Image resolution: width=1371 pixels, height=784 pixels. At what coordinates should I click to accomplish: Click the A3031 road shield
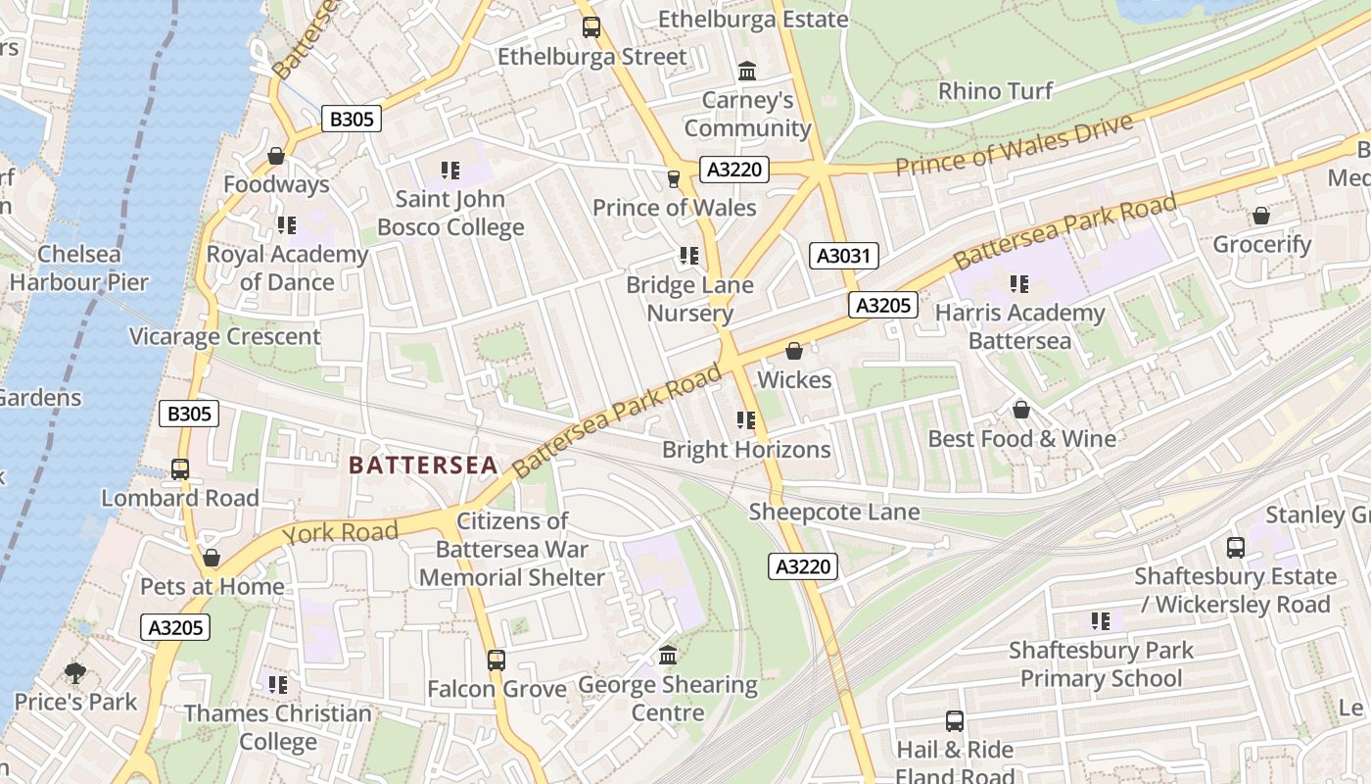(844, 257)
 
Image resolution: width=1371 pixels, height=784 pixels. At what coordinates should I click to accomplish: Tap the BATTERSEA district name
(423, 465)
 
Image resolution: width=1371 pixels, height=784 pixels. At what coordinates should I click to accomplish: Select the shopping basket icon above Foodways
(276, 156)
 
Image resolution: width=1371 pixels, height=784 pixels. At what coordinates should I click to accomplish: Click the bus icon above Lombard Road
(180, 469)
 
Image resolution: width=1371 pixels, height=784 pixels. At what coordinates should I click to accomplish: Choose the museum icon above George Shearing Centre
(668, 655)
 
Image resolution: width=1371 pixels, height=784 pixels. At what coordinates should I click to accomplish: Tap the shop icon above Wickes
(794, 351)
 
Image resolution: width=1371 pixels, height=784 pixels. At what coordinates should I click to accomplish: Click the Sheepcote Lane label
(834, 512)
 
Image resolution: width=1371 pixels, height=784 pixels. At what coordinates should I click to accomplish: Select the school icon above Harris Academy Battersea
(1019, 284)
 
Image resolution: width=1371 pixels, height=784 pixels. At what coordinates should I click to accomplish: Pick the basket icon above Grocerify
(1261, 216)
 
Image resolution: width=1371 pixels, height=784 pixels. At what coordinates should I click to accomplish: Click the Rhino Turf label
(995, 91)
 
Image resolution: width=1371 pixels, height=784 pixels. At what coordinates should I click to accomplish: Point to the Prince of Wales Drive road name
(1014, 145)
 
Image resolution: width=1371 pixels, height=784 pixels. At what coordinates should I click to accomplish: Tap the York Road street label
(340, 533)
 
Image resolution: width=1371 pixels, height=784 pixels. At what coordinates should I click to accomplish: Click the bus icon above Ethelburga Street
(591, 27)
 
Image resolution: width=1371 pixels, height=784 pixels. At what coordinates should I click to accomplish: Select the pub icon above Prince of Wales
(673, 178)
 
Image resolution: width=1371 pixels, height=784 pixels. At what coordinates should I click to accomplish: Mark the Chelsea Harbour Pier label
(78, 269)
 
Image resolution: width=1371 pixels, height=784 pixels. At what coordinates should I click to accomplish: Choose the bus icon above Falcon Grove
(496, 661)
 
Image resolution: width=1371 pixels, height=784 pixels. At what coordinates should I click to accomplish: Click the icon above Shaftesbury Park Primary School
(1101, 621)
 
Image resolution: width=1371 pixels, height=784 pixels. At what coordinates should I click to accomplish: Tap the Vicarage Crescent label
(225, 337)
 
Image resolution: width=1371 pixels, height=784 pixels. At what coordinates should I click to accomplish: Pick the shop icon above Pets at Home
(212, 559)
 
